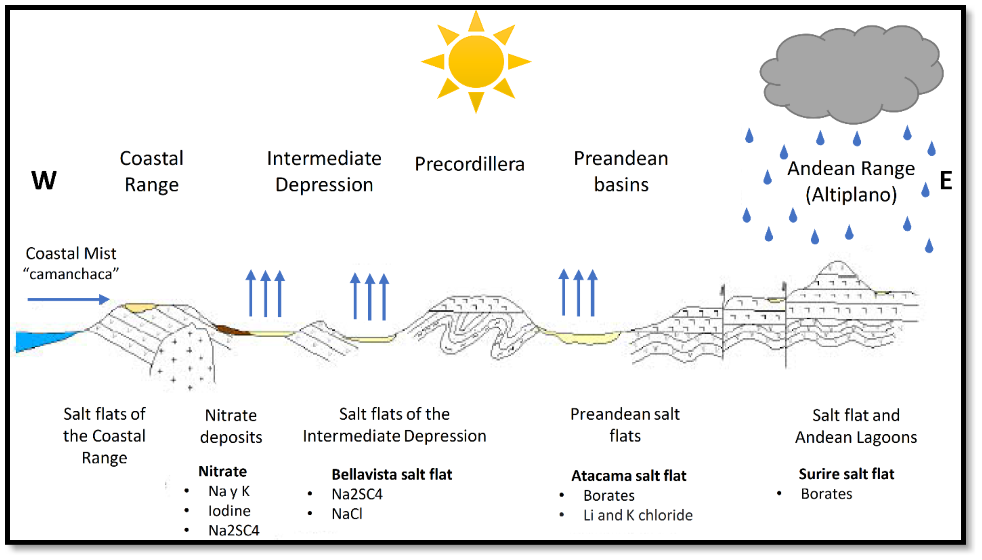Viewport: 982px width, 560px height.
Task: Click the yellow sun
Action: (476, 62)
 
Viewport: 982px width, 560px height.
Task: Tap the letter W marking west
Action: (44, 180)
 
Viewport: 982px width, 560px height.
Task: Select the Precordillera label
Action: (469, 164)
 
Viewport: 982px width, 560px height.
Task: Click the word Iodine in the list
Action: (229, 511)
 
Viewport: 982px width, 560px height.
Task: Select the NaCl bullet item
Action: (347, 514)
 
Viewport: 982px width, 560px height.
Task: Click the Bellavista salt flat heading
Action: (392, 474)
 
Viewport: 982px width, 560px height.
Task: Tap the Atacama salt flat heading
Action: (629, 476)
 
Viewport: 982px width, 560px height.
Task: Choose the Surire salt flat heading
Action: (846, 474)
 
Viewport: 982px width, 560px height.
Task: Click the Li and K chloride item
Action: (638, 515)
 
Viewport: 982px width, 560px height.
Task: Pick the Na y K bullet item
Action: (229, 491)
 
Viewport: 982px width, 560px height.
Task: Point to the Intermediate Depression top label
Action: (324, 171)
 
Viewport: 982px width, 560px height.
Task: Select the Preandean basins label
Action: (621, 171)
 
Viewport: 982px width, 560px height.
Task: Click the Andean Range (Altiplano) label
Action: (851, 181)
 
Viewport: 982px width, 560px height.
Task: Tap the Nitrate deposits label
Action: (231, 426)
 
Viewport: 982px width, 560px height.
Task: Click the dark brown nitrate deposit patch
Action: (231, 330)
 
